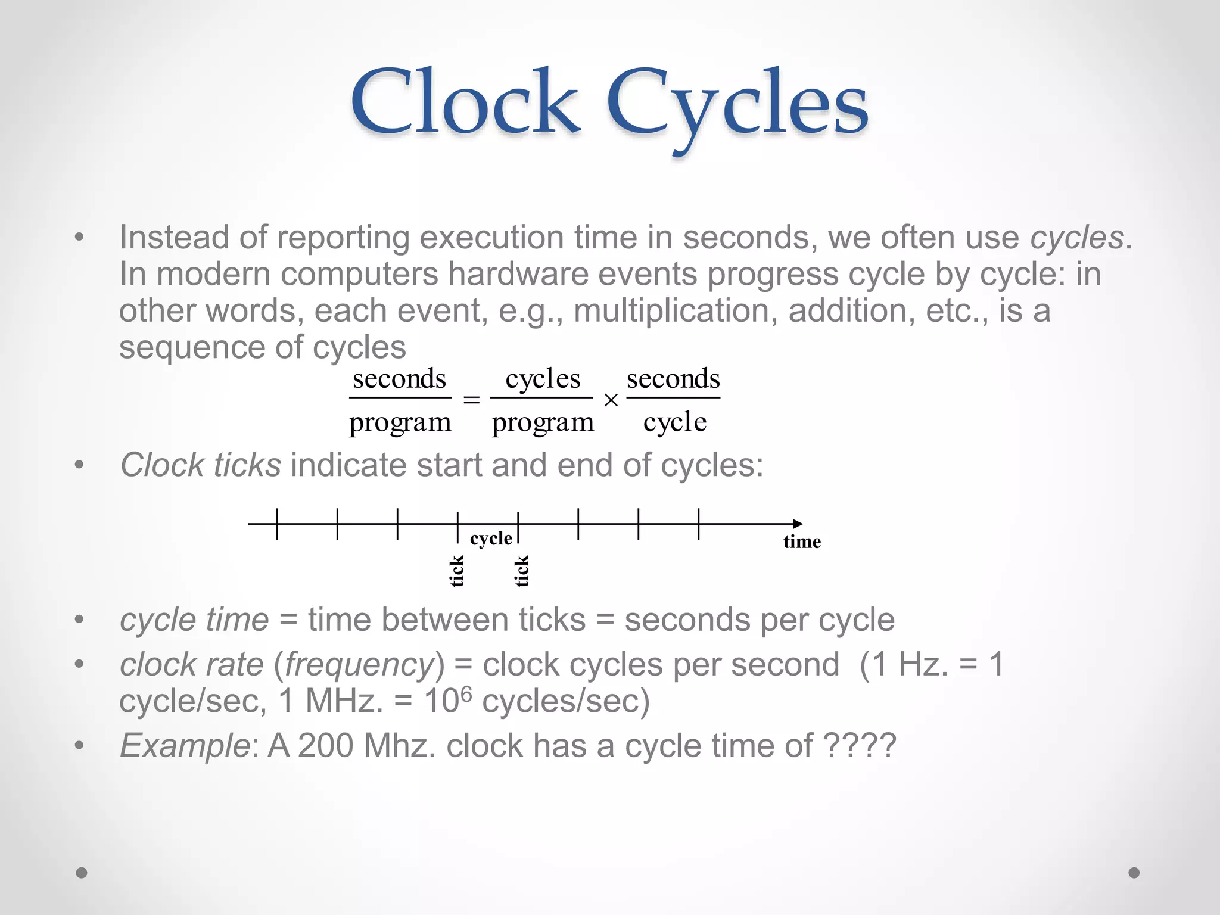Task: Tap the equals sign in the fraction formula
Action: (471, 400)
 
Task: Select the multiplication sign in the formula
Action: (611, 400)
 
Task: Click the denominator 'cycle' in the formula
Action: (675, 422)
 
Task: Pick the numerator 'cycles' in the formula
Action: (543, 379)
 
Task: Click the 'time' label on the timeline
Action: (802, 541)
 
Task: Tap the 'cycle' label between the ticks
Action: (491, 539)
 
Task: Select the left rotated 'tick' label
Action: (457, 571)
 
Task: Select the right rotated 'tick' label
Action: (522, 571)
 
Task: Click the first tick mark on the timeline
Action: (277, 524)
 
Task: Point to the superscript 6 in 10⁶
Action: (466, 693)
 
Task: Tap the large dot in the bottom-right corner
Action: (1134, 873)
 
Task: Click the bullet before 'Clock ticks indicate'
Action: (79, 465)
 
